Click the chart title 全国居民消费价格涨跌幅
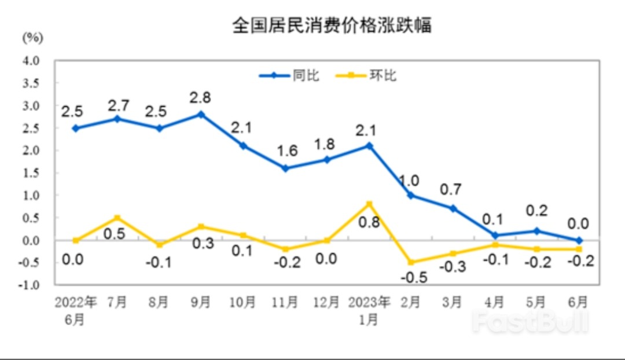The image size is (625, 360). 332,26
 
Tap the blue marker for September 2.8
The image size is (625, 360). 201,115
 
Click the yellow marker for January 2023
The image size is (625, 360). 369,204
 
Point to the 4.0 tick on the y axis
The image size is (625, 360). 31,60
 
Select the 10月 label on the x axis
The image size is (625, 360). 242,302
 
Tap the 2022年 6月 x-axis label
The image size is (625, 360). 76,310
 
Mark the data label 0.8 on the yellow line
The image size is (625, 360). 369,222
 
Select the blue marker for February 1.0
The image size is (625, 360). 411,195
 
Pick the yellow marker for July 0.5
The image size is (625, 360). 117,218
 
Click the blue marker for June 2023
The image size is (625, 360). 579,240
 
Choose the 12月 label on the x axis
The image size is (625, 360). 327,302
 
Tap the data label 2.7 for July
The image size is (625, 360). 118,105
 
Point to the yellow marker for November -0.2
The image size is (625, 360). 285,249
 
